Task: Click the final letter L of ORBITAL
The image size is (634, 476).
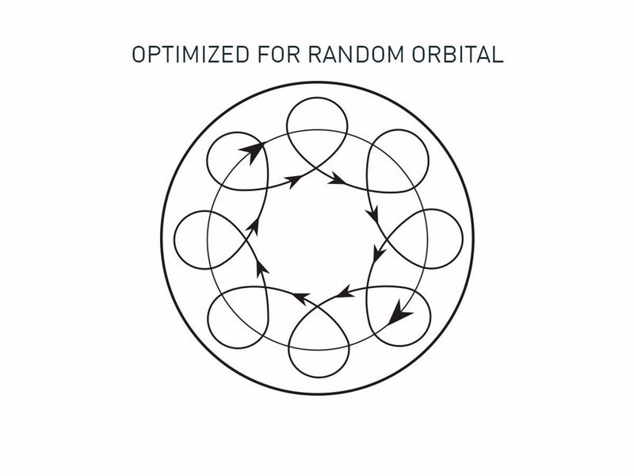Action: [498, 55]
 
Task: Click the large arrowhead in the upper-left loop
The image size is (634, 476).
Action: [252, 151]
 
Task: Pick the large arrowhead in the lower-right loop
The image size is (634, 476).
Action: [399, 315]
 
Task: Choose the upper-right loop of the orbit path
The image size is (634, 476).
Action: [399, 159]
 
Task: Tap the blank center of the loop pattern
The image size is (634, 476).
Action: [317, 238]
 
